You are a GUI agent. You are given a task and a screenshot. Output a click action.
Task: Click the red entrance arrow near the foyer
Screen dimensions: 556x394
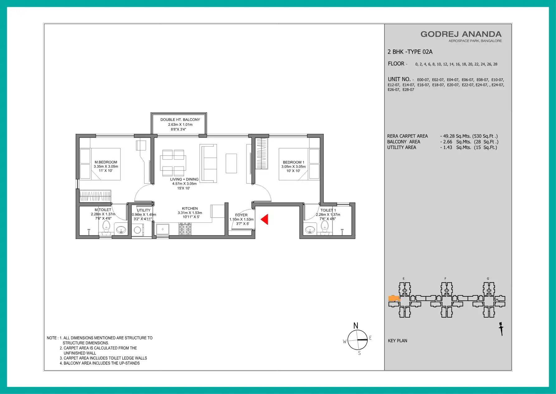click(x=265, y=220)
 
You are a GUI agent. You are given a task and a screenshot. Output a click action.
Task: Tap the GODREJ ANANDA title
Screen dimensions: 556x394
click(x=461, y=34)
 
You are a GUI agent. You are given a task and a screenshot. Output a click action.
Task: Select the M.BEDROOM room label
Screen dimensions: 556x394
click(x=106, y=162)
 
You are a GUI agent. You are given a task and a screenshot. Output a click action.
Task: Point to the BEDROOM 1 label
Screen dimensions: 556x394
click(x=294, y=162)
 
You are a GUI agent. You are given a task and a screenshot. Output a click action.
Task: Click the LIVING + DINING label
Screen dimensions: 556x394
click(x=184, y=179)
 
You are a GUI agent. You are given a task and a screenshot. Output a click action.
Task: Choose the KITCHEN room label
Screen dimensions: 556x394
click(x=190, y=208)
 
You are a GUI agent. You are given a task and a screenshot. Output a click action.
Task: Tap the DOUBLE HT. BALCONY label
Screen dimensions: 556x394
click(x=180, y=119)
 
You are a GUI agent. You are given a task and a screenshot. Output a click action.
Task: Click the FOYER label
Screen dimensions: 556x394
click(x=241, y=215)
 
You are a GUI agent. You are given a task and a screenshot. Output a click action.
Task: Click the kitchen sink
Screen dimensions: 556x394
click(x=163, y=229)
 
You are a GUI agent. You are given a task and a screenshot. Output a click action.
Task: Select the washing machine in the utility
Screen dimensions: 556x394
click(x=137, y=231)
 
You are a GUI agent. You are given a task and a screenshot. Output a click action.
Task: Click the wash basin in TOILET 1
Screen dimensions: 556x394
click(x=310, y=230)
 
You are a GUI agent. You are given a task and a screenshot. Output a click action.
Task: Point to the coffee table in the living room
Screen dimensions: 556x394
click(x=231, y=163)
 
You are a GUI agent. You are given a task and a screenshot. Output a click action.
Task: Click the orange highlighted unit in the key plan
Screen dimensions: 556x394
click(x=394, y=299)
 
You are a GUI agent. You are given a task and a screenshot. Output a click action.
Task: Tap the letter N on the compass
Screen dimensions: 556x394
click(x=356, y=326)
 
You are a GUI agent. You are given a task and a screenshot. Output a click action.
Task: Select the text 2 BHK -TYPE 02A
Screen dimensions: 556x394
click(x=410, y=52)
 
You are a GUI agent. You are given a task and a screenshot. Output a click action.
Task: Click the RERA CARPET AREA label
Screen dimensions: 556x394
click(x=408, y=136)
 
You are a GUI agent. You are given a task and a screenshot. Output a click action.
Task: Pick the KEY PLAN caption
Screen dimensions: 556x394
click(x=398, y=341)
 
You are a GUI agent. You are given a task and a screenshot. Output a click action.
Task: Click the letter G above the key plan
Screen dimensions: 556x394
click(x=488, y=279)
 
